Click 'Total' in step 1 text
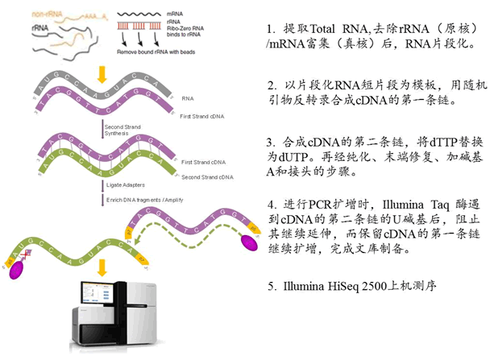coord(334,29)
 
